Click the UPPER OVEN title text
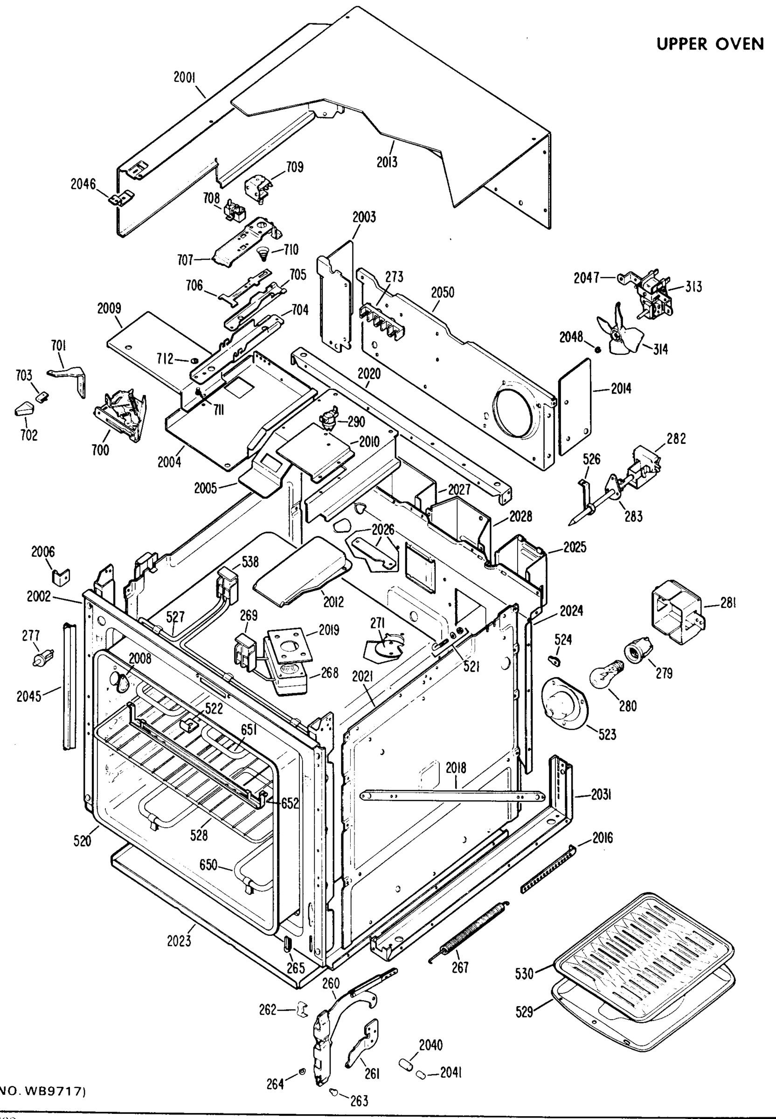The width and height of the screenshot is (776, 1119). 710,44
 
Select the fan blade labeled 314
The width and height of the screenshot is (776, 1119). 617,335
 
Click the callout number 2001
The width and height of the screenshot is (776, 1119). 184,77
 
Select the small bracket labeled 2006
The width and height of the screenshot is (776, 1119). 60,577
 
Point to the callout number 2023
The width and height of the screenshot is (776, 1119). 179,941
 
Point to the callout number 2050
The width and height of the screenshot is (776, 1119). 443,293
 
